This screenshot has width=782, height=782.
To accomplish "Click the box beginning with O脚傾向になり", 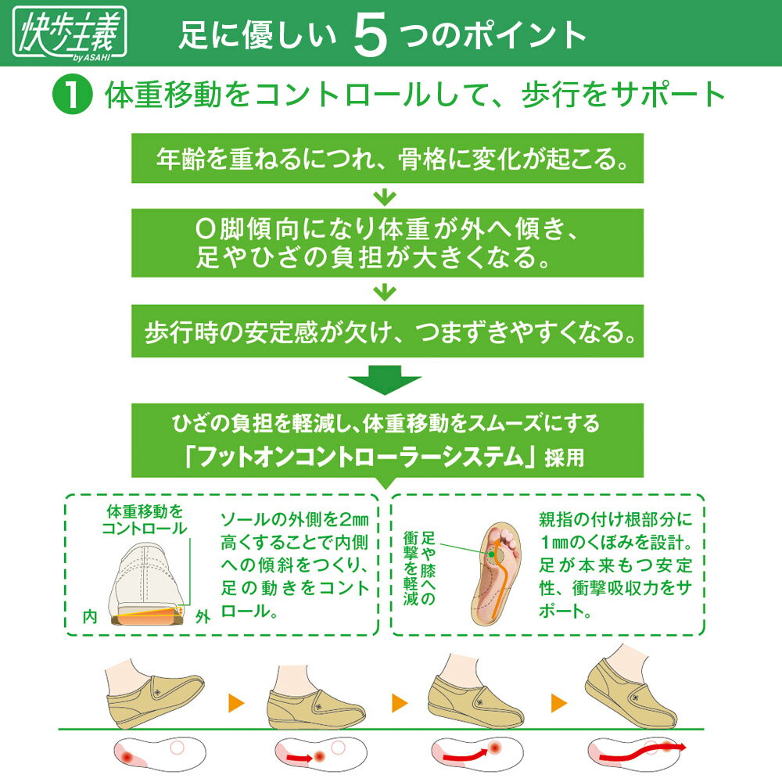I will point(386,243).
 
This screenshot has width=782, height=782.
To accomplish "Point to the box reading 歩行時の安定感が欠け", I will point(387,334).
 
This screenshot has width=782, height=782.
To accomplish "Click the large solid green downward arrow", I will point(385,386).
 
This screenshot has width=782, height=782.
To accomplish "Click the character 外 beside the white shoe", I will point(204,616).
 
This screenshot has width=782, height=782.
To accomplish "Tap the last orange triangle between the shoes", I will point(559,702).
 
